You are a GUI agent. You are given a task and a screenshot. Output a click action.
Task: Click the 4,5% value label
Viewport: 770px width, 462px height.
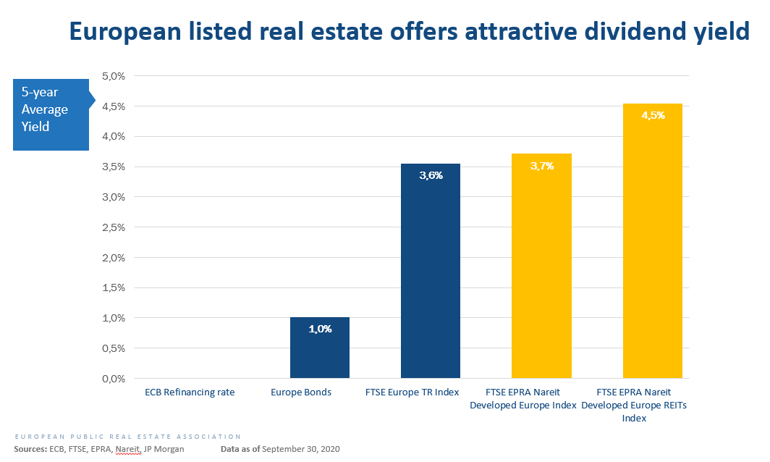point(653,115)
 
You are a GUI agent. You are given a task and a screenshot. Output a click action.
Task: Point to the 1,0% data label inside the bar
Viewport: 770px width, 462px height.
point(320,329)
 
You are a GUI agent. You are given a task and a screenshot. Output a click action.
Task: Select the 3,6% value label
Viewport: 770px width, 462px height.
point(431,175)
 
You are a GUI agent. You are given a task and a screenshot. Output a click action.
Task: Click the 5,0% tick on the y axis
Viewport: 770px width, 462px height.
point(114,76)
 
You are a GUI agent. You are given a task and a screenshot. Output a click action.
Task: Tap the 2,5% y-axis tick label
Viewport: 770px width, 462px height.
point(114,227)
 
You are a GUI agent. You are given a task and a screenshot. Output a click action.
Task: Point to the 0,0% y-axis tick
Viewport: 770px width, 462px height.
point(114,379)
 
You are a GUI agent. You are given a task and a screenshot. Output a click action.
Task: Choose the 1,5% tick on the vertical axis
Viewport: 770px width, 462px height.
point(114,287)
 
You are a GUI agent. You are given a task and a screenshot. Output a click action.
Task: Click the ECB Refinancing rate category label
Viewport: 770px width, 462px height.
point(190,392)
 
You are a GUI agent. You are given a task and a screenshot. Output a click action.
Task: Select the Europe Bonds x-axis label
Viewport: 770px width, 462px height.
point(301,392)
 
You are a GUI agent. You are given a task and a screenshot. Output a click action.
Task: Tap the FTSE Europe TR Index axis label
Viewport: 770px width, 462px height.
point(412,392)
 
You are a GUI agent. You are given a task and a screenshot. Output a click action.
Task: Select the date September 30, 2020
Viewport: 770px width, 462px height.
point(300,449)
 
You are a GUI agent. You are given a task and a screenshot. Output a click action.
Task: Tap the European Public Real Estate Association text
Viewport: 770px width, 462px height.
point(127,437)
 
